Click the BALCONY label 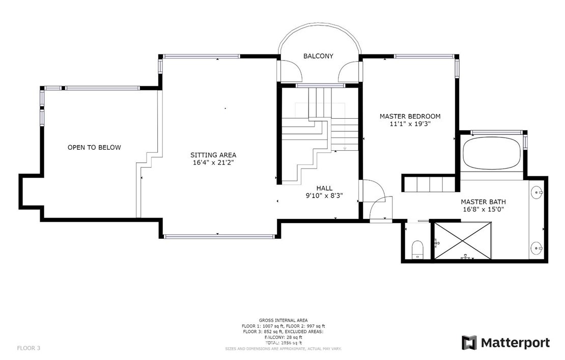318,56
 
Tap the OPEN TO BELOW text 94,148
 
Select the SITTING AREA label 213,155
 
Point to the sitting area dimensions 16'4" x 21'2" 213,163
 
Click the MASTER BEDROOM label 410,117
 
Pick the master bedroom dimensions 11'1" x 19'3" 410,124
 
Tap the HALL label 324,188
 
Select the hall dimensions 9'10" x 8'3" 324,196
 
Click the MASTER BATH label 484,202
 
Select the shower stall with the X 462,241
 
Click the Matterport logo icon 469,343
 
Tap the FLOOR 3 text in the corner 29,348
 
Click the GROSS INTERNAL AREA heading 283,320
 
